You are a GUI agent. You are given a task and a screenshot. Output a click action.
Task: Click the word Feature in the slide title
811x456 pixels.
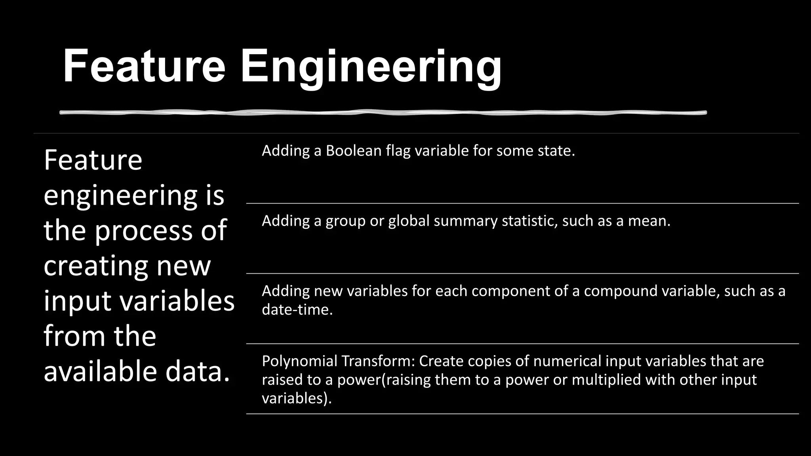(x=144, y=66)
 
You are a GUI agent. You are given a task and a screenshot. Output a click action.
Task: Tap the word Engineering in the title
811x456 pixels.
(x=371, y=67)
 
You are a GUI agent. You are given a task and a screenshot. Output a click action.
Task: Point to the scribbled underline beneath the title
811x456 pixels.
(x=383, y=113)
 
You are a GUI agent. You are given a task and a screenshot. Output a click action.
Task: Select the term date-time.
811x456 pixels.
(x=297, y=310)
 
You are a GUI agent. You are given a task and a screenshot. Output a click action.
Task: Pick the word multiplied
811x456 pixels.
(x=606, y=380)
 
